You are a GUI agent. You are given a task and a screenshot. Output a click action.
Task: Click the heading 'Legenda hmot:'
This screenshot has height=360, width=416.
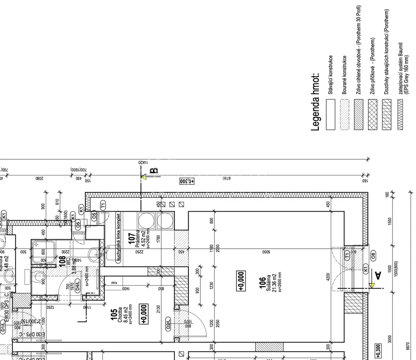pyautogui.click(x=315, y=102)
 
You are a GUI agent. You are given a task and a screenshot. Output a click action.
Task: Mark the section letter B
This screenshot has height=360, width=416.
pyautogui.click(x=153, y=170)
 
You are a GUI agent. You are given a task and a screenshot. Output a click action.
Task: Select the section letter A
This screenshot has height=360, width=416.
pyautogui.click(x=378, y=276)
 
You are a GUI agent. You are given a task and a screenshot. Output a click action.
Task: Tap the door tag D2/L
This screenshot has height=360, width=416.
pyautogui.click(x=169, y=325)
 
